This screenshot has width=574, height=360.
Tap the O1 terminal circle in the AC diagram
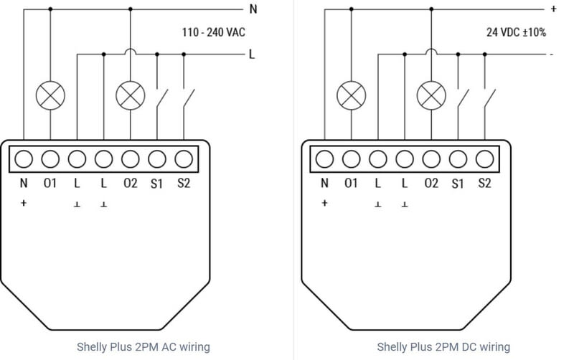pos(50,158)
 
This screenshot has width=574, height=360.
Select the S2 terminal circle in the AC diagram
pos(184,158)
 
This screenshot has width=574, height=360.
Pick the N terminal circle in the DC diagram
pos(324,158)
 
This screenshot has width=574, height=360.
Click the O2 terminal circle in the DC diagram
pos(430,158)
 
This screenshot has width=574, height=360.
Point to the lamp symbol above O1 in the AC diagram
pos(50,94)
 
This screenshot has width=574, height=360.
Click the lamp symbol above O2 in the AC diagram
pos(130,94)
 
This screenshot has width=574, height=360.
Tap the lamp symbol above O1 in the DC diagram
pos(351,94)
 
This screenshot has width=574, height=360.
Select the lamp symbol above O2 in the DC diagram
pos(430,94)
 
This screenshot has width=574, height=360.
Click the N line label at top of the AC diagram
pos(253,9)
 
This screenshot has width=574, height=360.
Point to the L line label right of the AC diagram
pos(252,55)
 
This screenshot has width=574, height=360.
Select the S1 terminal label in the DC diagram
pos(458,184)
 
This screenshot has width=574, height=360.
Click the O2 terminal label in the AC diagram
pos(130,184)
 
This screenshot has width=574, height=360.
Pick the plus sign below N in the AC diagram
pos(24,204)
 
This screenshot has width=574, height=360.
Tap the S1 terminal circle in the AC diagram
pos(157,158)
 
